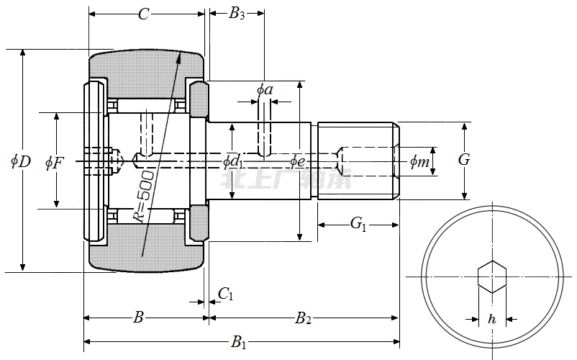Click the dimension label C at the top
(x=144, y=14)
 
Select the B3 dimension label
(x=237, y=14)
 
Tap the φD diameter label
(x=20, y=161)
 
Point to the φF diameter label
(x=54, y=162)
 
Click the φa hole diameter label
(x=264, y=90)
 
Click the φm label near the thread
(x=419, y=162)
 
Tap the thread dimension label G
(x=464, y=160)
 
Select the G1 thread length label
(x=358, y=225)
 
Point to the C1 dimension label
(x=225, y=294)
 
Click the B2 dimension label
(x=303, y=318)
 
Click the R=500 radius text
(x=144, y=197)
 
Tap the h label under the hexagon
(x=491, y=318)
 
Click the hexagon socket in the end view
(x=492, y=277)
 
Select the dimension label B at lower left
(x=140, y=317)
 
